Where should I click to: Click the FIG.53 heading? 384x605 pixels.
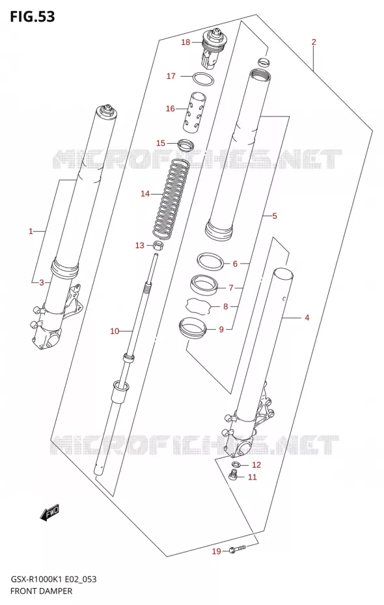[x=33, y=17]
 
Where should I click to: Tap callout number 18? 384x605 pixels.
[x=185, y=42]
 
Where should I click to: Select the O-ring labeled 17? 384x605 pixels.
[x=203, y=79]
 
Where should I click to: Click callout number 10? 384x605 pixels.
[x=115, y=331]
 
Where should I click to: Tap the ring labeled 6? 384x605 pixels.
[x=211, y=262]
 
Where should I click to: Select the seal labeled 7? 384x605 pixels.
[x=203, y=286]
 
